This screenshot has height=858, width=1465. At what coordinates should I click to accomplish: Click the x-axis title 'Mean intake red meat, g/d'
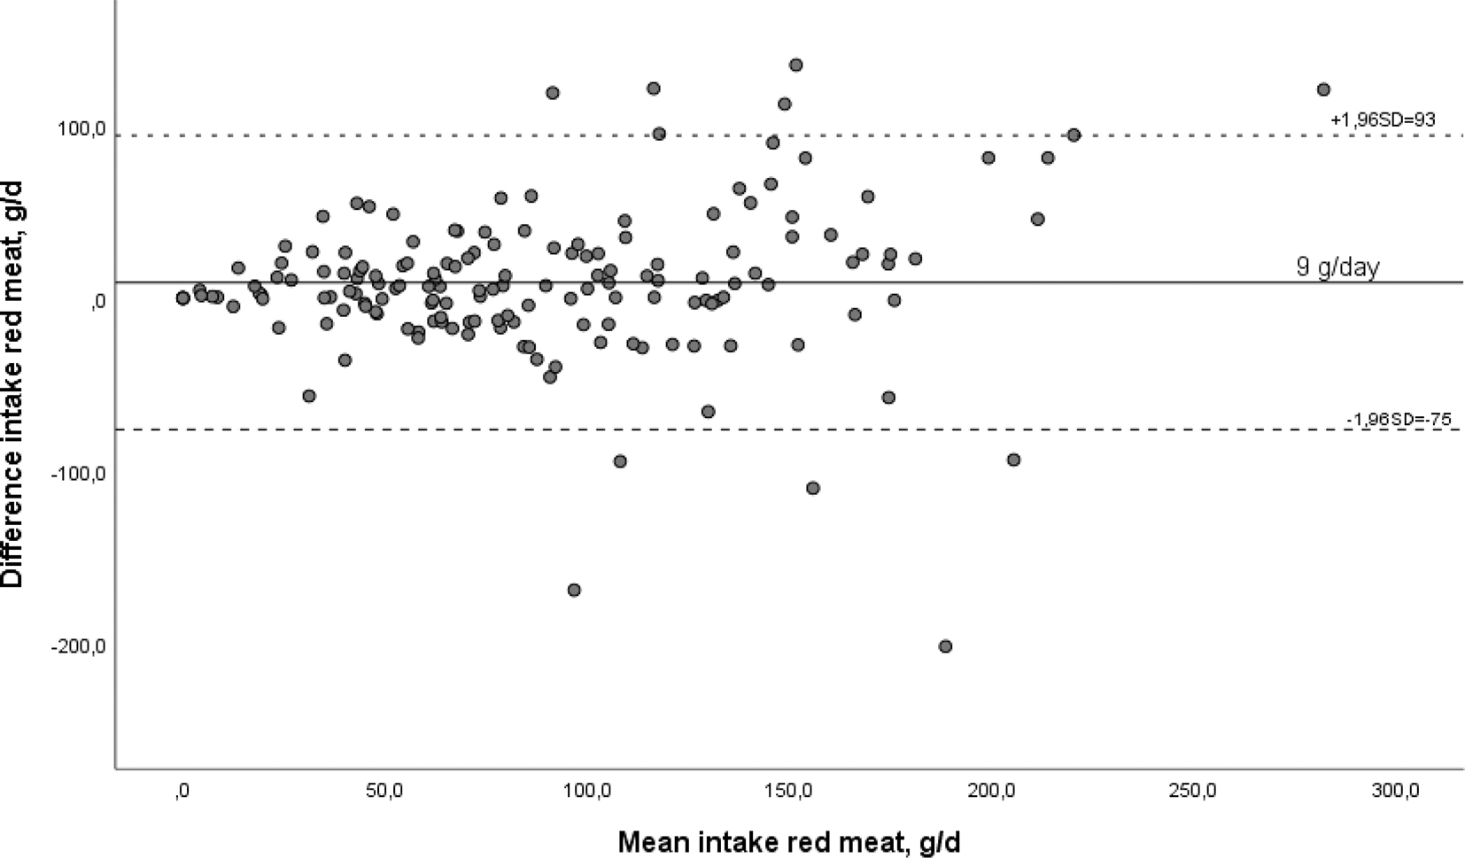pyautogui.click(x=788, y=841)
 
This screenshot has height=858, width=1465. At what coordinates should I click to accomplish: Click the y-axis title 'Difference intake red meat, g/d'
pyautogui.click(x=12, y=383)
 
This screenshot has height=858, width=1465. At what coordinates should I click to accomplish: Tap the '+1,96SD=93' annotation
pyautogui.click(x=1382, y=119)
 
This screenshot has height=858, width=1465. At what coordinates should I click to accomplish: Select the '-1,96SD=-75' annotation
pyautogui.click(x=1399, y=420)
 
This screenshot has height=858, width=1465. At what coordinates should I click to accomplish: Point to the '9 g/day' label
pyautogui.click(x=1337, y=267)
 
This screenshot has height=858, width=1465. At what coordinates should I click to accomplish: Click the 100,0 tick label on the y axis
pyautogui.click(x=82, y=130)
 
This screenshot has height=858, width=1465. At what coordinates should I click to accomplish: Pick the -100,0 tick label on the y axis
pyautogui.click(x=79, y=474)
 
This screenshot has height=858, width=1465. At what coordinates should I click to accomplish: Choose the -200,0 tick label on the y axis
pyautogui.click(x=79, y=646)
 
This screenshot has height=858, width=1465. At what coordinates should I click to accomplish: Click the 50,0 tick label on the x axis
pyautogui.click(x=384, y=791)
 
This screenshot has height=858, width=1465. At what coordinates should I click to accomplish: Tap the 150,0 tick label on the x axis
pyautogui.click(x=789, y=791)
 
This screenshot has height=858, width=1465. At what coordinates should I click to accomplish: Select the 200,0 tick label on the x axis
pyautogui.click(x=992, y=791)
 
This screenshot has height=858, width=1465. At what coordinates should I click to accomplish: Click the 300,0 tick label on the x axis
pyautogui.click(x=1397, y=791)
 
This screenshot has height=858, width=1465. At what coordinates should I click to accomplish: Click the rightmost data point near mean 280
pyautogui.click(x=1323, y=89)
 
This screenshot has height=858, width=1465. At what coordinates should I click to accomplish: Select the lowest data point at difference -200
pyautogui.click(x=945, y=646)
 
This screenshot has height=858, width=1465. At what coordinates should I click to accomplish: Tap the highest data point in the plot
pyautogui.click(x=795, y=65)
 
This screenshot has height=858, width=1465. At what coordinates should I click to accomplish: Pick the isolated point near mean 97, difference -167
pyautogui.click(x=574, y=590)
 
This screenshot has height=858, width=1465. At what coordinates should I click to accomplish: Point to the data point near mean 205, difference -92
pyautogui.click(x=1013, y=460)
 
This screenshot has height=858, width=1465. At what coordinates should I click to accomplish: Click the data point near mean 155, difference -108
pyautogui.click(x=812, y=488)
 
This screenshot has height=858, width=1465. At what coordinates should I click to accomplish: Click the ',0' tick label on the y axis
pyautogui.click(x=97, y=303)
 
